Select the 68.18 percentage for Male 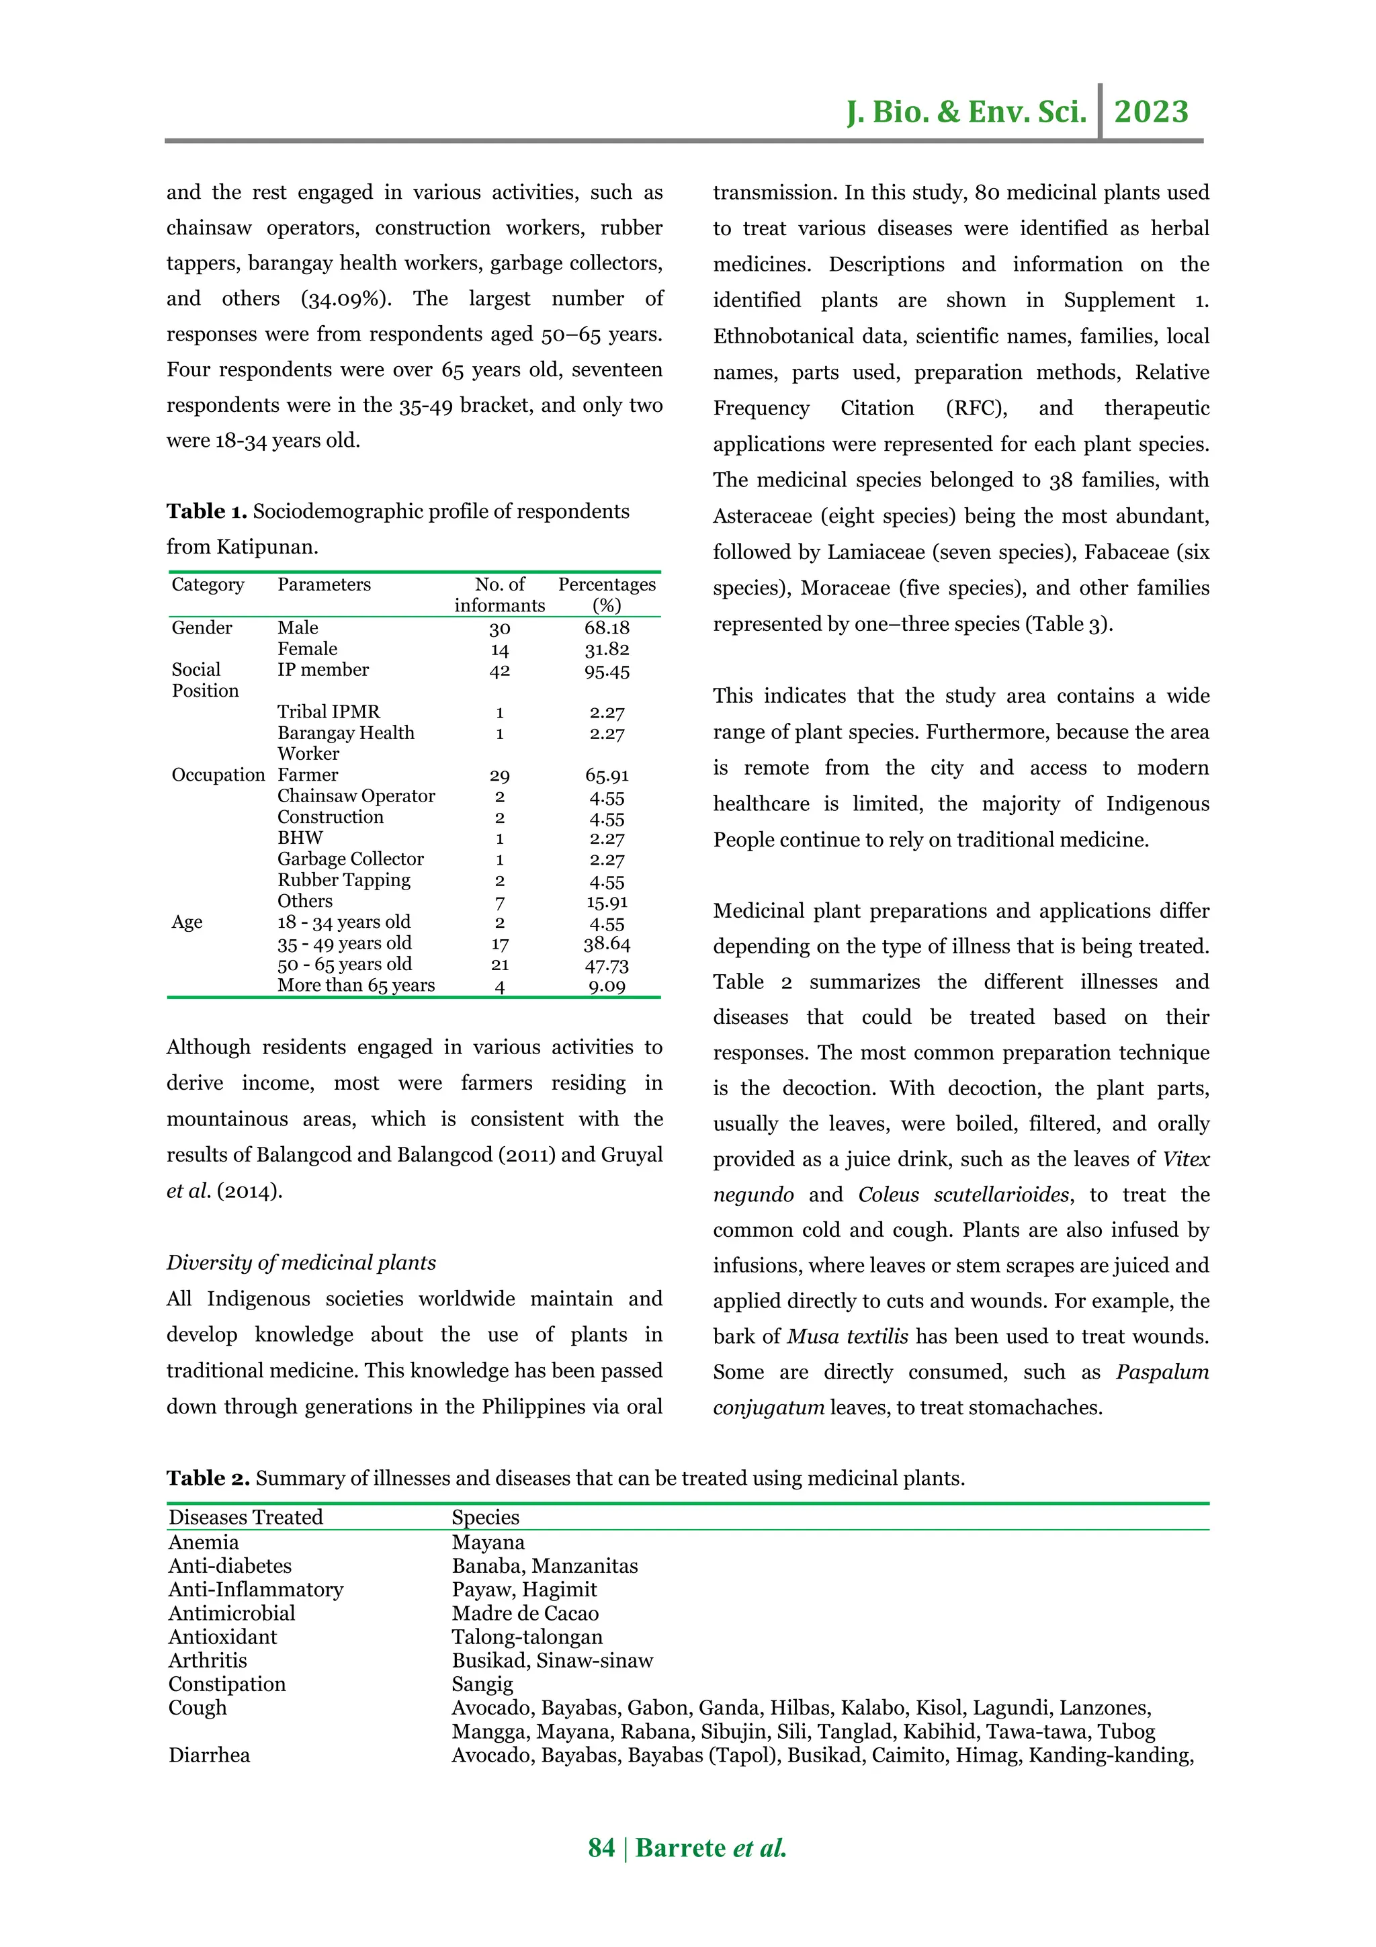(606, 628)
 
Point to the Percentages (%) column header (606, 595)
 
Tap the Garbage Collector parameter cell (350, 859)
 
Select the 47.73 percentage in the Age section (606, 965)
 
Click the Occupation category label (218, 775)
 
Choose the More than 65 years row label (356, 986)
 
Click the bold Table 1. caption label (207, 511)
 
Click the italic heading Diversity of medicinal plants (301, 1262)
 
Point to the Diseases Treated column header (246, 1517)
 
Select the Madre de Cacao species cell (525, 1613)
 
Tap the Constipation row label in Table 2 (227, 1684)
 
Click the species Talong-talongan (527, 1637)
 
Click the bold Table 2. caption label (208, 1478)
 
